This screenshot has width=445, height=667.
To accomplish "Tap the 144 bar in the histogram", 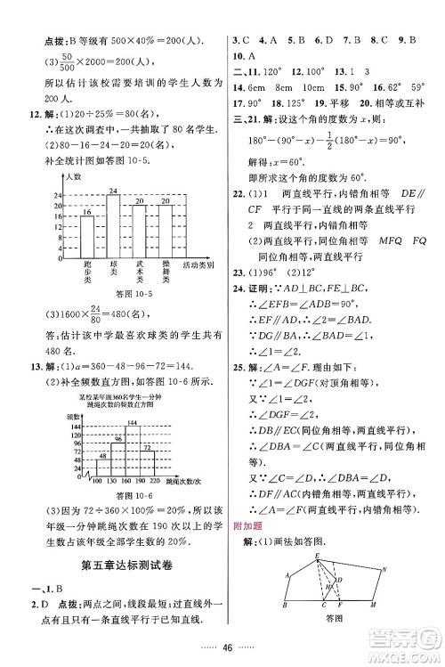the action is [133, 450].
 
